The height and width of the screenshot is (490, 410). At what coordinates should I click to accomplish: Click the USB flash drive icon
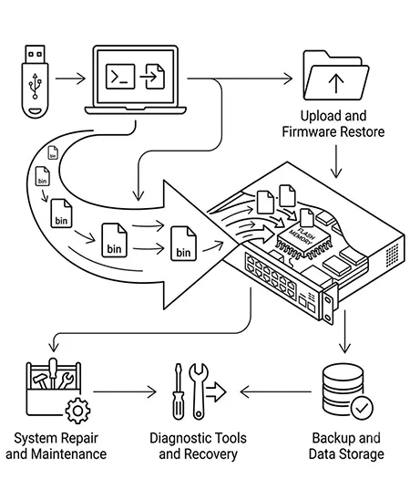click(35, 81)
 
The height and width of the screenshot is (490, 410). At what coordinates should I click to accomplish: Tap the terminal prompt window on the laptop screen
click(120, 77)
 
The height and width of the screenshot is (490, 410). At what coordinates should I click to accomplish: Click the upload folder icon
click(336, 76)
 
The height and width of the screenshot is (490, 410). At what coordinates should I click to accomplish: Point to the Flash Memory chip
click(304, 241)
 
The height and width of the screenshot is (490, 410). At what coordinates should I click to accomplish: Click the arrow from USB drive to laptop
click(70, 78)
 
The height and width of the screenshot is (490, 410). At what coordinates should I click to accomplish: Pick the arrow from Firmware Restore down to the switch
click(336, 162)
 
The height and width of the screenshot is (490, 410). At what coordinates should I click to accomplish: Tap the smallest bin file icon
click(53, 152)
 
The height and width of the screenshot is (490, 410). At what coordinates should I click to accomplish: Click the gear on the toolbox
click(78, 411)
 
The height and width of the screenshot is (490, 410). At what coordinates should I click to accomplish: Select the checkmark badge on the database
click(362, 408)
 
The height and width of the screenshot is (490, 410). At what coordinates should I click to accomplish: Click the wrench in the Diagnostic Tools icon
click(199, 391)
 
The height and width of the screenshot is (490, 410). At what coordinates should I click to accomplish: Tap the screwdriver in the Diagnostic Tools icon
click(179, 391)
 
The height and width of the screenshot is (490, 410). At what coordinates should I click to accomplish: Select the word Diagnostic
click(179, 439)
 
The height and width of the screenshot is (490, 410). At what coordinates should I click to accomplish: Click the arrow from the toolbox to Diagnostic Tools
click(125, 391)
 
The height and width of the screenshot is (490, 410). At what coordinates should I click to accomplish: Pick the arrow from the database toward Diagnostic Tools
click(276, 391)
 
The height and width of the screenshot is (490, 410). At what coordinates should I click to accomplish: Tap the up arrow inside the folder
click(336, 83)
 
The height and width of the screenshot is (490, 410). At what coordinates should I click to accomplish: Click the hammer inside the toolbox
click(41, 381)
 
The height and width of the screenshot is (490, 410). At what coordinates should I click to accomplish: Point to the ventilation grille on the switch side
click(392, 255)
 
